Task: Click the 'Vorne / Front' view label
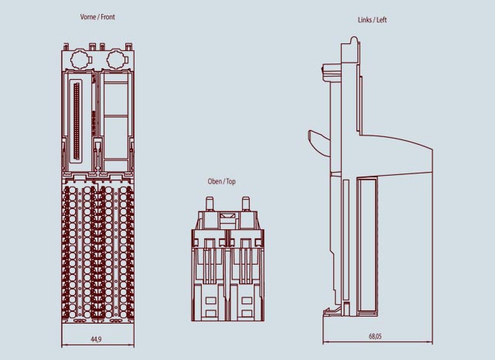pos(97,16)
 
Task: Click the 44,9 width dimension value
pos(96,338)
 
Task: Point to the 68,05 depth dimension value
pos(375,336)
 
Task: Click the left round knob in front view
pos(77,58)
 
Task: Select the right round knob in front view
pos(116,58)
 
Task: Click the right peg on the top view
pos(246,203)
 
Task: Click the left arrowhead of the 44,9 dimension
pos(63,344)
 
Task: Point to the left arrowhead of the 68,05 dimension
pos(323,342)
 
